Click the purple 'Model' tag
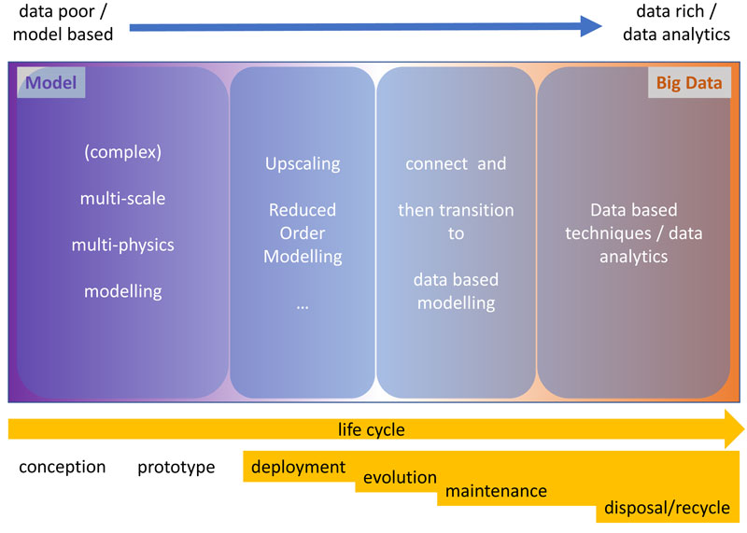coord(51,82)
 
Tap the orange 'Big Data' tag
coord(689,82)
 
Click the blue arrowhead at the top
coord(591,26)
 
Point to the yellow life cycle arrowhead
coord(734,428)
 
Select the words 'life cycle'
coord(371,429)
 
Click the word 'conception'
coord(63,467)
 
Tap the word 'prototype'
coord(176,468)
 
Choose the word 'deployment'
coord(298,468)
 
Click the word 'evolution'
coord(400,477)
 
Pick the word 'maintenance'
coord(496,491)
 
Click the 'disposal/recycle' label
coord(667,508)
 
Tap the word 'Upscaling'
coord(303,164)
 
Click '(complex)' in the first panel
coord(123,152)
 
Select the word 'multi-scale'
coord(123,198)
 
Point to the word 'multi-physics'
coord(123,245)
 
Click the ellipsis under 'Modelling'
coord(303,307)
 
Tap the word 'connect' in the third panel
coord(437,164)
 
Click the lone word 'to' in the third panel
coord(456,233)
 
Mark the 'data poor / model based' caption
coord(63,22)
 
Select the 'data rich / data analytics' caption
coord(676,22)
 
